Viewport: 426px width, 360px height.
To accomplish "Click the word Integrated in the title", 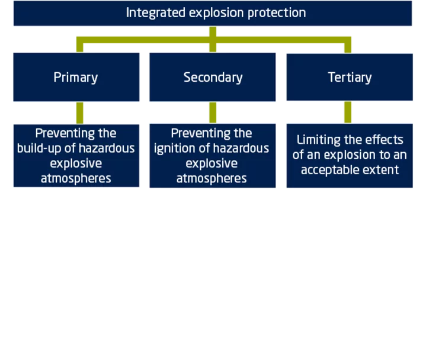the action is [x=156, y=13].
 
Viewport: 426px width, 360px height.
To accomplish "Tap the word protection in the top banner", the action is [x=277, y=13].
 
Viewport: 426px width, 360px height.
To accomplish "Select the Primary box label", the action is [x=76, y=78].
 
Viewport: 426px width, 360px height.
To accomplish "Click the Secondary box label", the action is [x=213, y=78].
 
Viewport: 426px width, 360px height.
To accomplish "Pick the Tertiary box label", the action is [x=350, y=78].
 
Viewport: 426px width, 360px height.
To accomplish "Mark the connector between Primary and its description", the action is [x=79, y=113].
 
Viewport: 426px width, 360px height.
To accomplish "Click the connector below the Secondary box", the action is [x=213, y=112].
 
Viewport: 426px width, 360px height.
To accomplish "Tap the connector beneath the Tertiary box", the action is [x=348, y=112].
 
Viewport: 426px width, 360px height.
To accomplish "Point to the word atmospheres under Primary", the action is [x=76, y=179].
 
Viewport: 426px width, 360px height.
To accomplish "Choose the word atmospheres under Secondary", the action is [x=212, y=179].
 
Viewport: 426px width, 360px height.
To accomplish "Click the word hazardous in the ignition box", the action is [x=241, y=149].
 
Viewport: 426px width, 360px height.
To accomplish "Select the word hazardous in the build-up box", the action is [x=107, y=149].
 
